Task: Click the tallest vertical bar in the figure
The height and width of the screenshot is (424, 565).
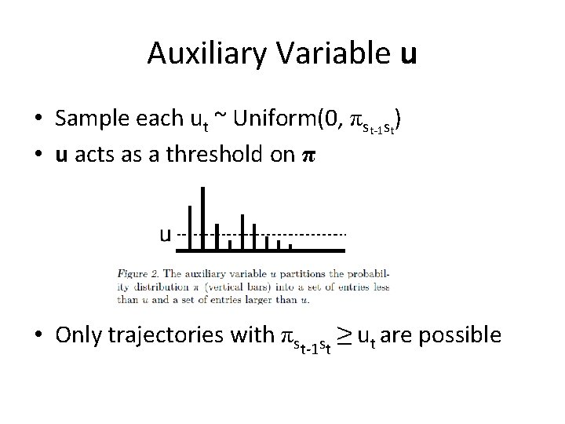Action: click(203, 217)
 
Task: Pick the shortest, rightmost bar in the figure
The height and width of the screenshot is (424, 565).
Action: click(290, 247)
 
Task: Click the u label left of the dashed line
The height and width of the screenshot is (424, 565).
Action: click(166, 234)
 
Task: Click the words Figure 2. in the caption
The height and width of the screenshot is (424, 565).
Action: click(140, 273)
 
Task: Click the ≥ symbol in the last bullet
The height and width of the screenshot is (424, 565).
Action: click(344, 337)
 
